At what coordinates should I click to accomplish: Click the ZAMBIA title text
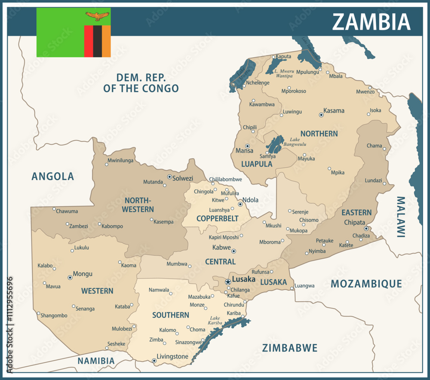click(371, 21)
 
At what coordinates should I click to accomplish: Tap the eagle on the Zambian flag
click(98, 16)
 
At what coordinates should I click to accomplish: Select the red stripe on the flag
click(89, 41)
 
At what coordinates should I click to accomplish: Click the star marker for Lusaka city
click(228, 282)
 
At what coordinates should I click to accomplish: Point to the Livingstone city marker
click(154, 361)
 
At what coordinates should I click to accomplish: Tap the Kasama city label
click(334, 110)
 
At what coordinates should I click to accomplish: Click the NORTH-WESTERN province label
click(138, 205)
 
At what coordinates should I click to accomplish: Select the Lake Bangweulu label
click(295, 142)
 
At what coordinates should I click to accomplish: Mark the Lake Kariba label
click(215, 320)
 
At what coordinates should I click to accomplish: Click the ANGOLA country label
click(53, 176)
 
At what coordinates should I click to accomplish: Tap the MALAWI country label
click(400, 217)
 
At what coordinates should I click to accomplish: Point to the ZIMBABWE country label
click(290, 348)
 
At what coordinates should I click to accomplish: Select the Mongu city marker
click(70, 278)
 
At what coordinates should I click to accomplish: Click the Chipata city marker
click(366, 229)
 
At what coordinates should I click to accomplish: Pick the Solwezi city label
click(182, 178)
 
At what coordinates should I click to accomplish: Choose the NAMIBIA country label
click(96, 361)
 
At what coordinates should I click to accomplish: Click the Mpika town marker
click(329, 169)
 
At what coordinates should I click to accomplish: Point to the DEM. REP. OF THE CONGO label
click(141, 83)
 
